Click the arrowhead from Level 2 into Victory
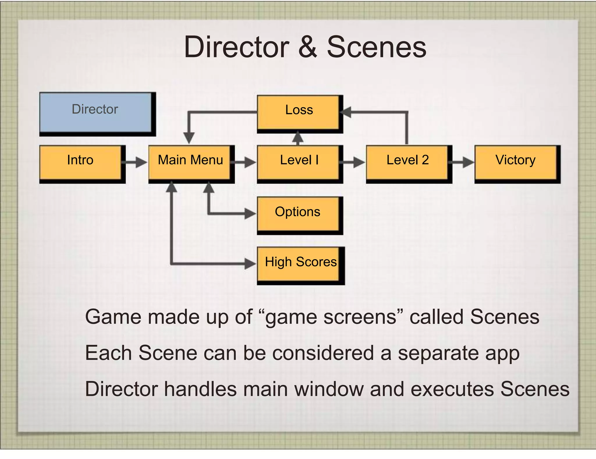point(469,162)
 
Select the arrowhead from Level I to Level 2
point(359,162)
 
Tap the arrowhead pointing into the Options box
point(250,213)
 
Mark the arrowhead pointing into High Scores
point(250,264)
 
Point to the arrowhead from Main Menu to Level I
point(250,162)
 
